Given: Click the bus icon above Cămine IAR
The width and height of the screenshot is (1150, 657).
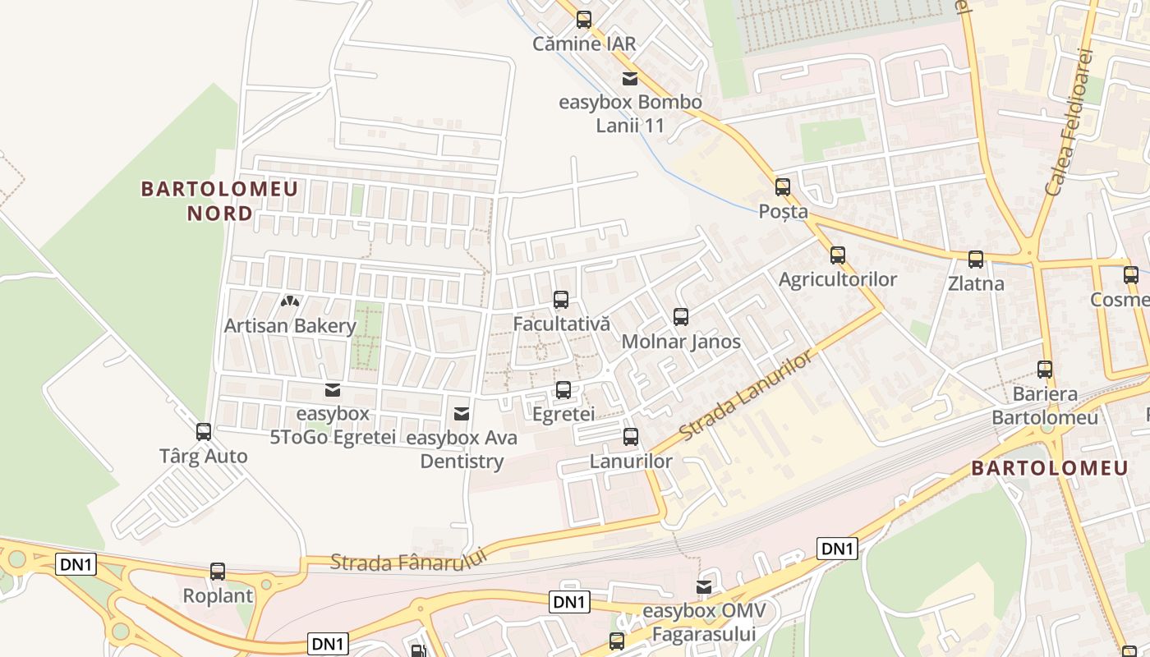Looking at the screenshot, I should tap(584, 19).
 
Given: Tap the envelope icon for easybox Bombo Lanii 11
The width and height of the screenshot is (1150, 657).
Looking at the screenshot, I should tap(630, 79).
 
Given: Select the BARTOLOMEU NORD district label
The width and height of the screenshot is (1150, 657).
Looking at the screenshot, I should tap(219, 201).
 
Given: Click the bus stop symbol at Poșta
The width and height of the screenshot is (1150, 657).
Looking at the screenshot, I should tap(783, 187).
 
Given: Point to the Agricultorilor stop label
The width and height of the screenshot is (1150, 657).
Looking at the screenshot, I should tap(838, 279).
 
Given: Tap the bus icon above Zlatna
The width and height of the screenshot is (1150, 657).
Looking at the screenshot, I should tap(976, 260).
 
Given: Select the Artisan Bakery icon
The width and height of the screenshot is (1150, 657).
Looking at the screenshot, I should tap(289, 301).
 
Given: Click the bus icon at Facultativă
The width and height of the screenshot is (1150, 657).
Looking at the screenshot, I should tap(561, 300).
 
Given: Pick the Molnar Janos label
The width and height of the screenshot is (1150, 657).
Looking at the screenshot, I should tap(681, 342).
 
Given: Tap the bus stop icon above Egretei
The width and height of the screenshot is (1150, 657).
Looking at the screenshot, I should tap(563, 389).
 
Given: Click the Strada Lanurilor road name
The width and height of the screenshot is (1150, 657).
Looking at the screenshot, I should tap(746, 394).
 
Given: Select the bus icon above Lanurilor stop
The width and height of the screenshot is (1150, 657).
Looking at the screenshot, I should tap(631, 437).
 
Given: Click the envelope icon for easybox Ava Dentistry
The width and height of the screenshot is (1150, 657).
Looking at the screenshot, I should tap(462, 413).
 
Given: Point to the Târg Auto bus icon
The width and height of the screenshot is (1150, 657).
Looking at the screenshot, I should tap(204, 431).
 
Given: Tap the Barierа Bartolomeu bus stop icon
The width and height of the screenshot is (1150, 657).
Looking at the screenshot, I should tap(1045, 370).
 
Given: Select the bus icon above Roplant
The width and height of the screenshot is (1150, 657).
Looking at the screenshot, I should tap(218, 571).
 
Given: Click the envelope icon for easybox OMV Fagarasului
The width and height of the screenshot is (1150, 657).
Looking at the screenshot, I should tap(704, 586).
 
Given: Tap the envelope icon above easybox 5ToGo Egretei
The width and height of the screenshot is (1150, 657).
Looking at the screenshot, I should tap(333, 389).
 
